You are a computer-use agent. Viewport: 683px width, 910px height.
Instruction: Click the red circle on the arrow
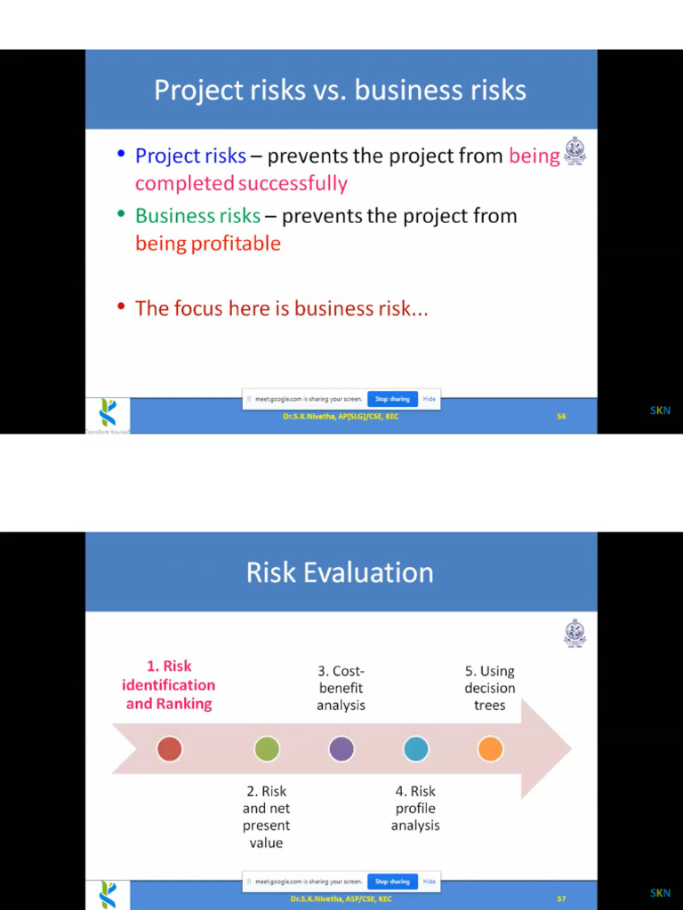pos(169,749)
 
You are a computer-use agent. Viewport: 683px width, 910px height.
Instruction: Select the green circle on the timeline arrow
pos(267,749)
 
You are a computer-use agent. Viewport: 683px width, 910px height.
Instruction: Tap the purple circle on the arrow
pos(341,749)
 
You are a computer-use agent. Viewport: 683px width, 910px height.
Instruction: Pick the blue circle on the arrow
pos(416,749)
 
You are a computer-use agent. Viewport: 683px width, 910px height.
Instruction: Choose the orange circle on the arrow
pos(490,749)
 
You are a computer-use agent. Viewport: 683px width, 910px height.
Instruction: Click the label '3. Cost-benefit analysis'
pos(341,688)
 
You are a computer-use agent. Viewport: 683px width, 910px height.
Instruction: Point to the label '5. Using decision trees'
pos(489,688)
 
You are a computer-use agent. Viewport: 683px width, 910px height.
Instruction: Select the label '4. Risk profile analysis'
pos(415,808)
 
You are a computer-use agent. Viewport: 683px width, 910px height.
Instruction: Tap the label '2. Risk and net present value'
pos(266,817)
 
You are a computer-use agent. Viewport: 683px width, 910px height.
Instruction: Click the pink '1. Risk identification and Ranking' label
pos(169,684)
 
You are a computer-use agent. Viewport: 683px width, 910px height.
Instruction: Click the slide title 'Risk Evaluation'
pos(340,572)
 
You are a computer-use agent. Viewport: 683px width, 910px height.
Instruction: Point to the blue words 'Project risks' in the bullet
pos(190,156)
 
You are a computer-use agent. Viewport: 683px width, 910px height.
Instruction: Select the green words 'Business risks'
pos(197,216)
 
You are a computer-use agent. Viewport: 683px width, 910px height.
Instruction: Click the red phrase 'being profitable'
pos(208,243)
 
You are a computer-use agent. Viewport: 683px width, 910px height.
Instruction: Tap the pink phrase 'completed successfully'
pos(241,183)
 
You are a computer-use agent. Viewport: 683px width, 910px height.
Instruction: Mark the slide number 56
pos(561,416)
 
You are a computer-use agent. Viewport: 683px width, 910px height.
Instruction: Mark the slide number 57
pos(561,898)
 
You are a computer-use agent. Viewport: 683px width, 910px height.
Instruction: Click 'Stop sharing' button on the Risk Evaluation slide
pos(392,882)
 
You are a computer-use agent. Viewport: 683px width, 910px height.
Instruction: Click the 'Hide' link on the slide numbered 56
pos(430,399)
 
